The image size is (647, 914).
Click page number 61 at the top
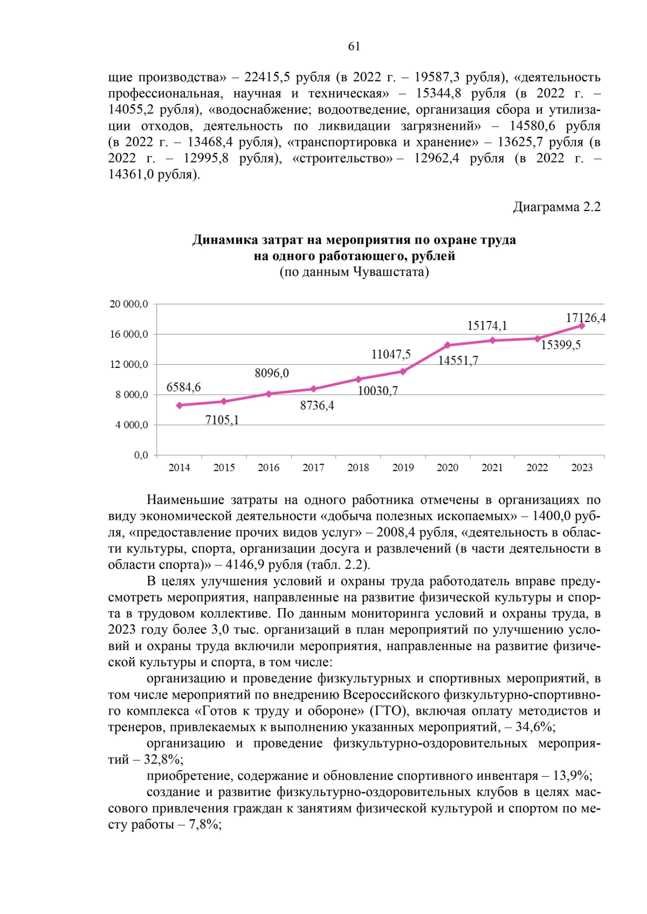click(x=354, y=46)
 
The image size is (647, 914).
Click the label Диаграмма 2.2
click(x=556, y=207)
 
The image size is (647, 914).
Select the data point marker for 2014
click(x=180, y=405)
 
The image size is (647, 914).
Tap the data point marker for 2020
click(x=448, y=345)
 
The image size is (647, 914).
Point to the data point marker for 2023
click(x=582, y=326)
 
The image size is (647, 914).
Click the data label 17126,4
click(x=585, y=318)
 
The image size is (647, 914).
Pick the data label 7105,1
click(x=222, y=420)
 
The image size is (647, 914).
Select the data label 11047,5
click(x=390, y=354)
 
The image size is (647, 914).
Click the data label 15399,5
click(x=560, y=345)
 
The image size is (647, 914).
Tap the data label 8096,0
click(x=271, y=373)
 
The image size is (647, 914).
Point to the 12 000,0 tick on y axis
click(x=129, y=365)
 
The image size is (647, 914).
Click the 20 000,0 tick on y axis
click(x=129, y=304)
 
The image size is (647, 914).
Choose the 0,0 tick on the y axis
click(x=141, y=456)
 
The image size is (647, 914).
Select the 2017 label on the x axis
click(x=313, y=468)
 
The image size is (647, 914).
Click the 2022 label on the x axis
click(x=537, y=468)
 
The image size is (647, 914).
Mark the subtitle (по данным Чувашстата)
click(x=354, y=272)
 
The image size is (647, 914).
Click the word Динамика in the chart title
click(x=225, y=240)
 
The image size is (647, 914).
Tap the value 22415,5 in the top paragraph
click(x=267, y=77)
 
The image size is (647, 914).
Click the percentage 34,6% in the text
click(x=534, y=727)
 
